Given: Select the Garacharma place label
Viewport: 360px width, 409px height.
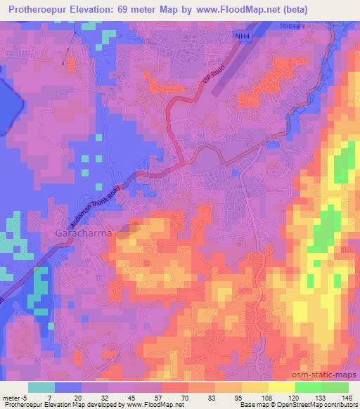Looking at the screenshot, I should click(x=82, y=231).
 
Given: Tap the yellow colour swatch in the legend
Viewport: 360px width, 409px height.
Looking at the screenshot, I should click(x=281, y=387).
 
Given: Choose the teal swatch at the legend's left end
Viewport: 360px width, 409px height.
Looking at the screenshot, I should click(x=41, y=387).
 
